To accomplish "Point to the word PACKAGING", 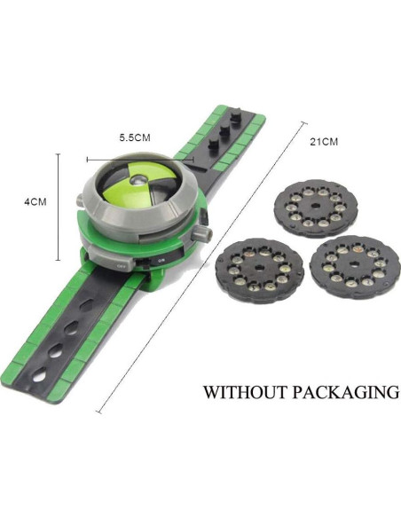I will click(348, 391).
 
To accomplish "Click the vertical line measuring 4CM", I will click(59, 202).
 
